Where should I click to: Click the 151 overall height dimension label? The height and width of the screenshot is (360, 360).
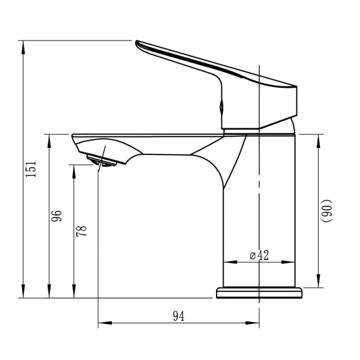pyautogui.click(x=31, y=170)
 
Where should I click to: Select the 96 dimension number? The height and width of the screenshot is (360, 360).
pyautogui.click(x=56, y=215)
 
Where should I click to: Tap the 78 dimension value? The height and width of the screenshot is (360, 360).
pyautogui.click(x=82, y=231)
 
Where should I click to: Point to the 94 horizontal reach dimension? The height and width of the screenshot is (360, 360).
pyautogui.click(x=179, y=316)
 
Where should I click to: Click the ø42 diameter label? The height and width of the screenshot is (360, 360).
pyautogui.click(x=259, y=255)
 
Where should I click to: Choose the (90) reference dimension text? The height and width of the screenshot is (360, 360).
pyautogui.click(x=326, y=211)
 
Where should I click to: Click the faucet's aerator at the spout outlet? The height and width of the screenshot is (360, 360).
pyautogui.click(x=101, y=160)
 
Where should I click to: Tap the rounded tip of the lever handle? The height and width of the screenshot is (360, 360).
pyautogui.click(x=137, y=43)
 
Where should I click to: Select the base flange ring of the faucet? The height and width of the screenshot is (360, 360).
pyautogui.click(x=259, y=293)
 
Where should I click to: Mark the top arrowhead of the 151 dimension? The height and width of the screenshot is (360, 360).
pyautogui.click(x=23, y=48)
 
